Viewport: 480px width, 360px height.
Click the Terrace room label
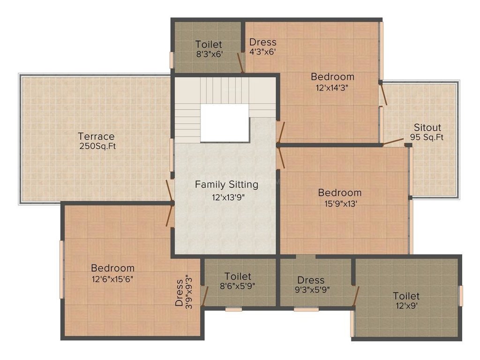tap(96, 136)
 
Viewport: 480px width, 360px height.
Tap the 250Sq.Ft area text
tap(97, 146)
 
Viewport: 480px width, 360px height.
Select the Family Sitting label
tap(226, 184)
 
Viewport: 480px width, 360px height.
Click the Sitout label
tap(427, 127)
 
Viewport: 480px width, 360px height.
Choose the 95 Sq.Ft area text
tap(427, 138)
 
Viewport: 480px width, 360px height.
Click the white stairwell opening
tap(225, 123)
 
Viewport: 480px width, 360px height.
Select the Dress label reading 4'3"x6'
tap(262, 42)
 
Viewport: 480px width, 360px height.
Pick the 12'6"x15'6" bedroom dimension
tap(113, 278)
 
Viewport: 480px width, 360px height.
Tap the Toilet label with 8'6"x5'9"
tap(238, 277)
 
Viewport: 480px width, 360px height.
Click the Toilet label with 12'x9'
tap(406, 296)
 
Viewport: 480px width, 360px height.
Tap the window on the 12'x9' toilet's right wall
tap(461, 296)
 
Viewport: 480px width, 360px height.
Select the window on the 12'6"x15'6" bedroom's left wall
tap(61, 270)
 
